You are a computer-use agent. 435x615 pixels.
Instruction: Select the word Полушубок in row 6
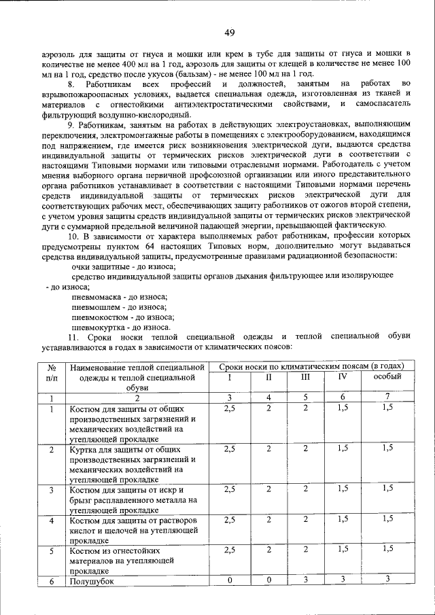click(90, 582)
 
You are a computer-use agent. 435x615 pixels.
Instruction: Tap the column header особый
click(387, 376)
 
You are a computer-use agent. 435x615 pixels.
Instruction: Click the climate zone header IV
click(343, 376)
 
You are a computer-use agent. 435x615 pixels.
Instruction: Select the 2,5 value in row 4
click(230, 519)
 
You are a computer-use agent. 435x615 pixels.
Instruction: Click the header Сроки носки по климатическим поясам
click(316, 367)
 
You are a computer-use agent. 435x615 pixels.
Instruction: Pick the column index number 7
click(387, 397)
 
